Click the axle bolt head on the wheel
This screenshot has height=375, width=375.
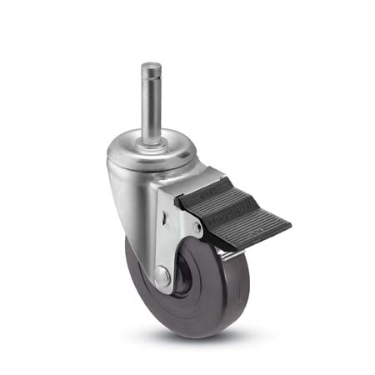160,274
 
